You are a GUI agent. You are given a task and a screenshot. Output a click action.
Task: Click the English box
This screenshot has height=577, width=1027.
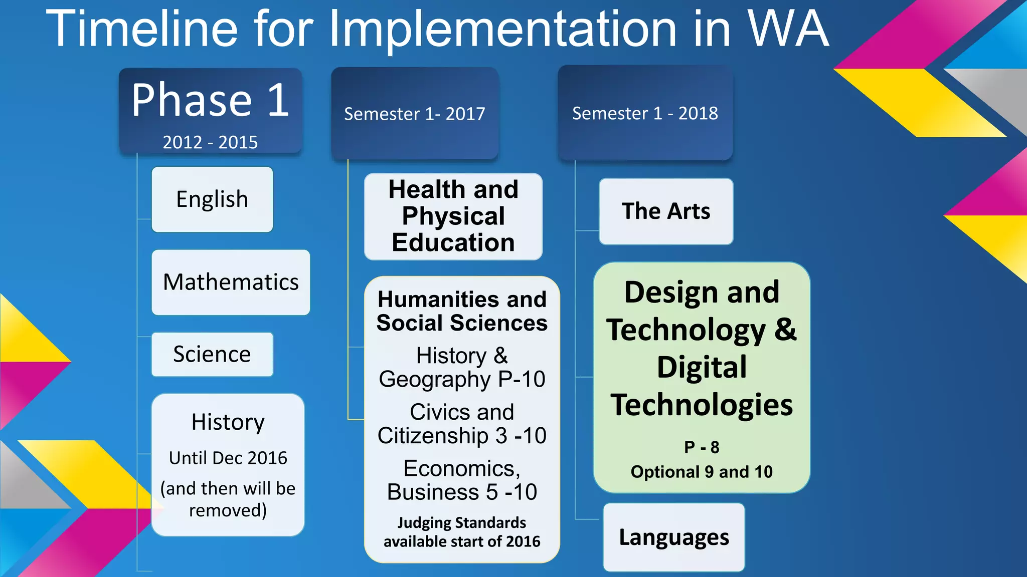pos(212,199)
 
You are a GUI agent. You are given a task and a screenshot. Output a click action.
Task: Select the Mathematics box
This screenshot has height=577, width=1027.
pos(231,282)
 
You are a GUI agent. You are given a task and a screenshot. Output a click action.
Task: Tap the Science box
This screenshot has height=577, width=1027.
pos(212,354)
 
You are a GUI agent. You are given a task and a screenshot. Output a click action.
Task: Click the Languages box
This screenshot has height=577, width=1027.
pos(674,537)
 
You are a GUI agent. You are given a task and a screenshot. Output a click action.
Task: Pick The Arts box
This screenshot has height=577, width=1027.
pos(666,211)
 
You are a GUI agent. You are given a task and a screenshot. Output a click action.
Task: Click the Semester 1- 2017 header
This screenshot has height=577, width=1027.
pos(415,114)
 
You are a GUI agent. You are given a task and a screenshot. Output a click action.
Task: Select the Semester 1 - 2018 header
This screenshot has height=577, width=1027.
pos(645,113)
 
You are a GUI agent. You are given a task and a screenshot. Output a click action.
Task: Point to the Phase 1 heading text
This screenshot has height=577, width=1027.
pos(210,100)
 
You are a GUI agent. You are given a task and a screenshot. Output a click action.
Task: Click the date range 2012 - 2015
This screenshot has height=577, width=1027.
pos(210,142)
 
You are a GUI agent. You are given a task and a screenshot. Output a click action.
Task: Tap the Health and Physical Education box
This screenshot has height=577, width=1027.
pos(453,216)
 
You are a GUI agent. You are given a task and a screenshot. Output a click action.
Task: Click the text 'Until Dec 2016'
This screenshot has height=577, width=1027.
pos(228,458)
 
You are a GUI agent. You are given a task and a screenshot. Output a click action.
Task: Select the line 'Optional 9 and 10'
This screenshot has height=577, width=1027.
pos(702,472)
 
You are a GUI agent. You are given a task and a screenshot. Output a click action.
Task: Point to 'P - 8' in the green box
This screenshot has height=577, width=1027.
pos(702,447)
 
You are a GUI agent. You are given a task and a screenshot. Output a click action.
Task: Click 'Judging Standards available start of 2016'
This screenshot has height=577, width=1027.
pos(462,532)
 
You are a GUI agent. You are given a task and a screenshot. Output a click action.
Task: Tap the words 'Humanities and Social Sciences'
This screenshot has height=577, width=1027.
pos(462,311)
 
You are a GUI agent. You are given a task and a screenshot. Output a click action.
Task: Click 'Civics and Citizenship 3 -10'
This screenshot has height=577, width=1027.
pos(462,424)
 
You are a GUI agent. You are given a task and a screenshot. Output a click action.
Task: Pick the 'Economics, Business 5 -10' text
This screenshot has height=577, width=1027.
pos(462,480)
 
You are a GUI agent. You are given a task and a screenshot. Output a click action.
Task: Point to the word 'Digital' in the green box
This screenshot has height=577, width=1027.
pos(702,367)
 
